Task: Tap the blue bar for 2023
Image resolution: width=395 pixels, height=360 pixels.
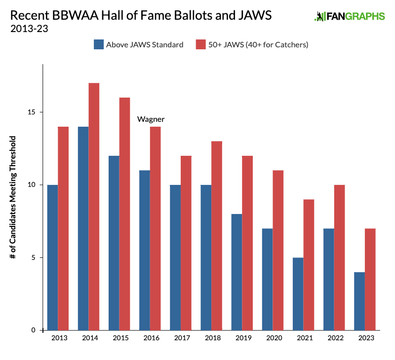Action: click(360, 301)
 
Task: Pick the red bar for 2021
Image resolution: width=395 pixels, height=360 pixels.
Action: click(309, 264)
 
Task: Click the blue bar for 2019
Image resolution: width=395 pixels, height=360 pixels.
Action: click(237, 272)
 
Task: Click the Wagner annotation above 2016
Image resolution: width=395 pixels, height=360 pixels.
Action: click(151, 119)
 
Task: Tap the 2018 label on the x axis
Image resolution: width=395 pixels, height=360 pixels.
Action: click(212, 338)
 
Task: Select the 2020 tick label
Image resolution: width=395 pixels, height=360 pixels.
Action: click(274, 338)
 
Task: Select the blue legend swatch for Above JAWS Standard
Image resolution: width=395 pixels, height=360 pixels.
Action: click(99, 44)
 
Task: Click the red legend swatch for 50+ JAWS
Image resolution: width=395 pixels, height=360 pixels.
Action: click(200, 44)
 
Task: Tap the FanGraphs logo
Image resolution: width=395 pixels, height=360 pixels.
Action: click(350, 16)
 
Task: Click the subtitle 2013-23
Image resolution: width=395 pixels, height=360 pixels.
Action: click(29, 28)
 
